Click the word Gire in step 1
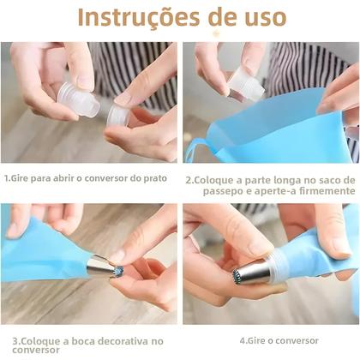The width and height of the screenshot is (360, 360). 23,180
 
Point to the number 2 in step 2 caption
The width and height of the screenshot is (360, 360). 189,181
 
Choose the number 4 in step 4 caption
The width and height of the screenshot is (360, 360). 242,339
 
